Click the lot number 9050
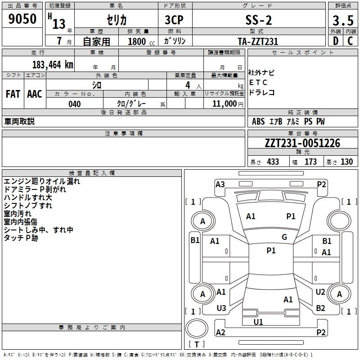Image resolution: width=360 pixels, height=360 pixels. [x=22, y=19]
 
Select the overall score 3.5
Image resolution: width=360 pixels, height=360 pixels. [x=343, y=20]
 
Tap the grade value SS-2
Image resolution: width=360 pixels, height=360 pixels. [x=259, y=20]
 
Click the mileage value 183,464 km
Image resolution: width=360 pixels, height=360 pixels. [x=53, y=65]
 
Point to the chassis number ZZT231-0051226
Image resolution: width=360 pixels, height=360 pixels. [x=302, y=143]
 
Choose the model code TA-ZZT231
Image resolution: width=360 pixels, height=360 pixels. [x=258, y=41]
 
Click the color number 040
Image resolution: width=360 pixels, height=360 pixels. [x=75, y=104]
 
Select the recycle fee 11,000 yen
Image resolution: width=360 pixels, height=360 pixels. [x=228, y=104]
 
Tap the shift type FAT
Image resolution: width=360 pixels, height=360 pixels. [x=13, y=94]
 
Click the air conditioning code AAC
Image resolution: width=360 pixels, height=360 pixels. [x=35, y=94]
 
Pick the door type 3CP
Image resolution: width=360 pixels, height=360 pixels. [x=174, y=20]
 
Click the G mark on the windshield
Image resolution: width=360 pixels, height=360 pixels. [x=284, y=237]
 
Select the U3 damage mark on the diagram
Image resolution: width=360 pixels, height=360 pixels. [x=221, y=308]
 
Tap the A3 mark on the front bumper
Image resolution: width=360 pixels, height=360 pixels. [x=220, y=184]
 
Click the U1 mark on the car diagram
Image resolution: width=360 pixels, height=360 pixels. [x=258, y=322]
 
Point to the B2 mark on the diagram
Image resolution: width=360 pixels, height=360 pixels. [x=320, y=308]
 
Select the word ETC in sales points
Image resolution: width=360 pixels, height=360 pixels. [x=258, y=82]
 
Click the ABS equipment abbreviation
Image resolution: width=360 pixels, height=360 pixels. [x=258, y=121]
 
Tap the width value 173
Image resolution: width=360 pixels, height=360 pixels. [x=310, y=162]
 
